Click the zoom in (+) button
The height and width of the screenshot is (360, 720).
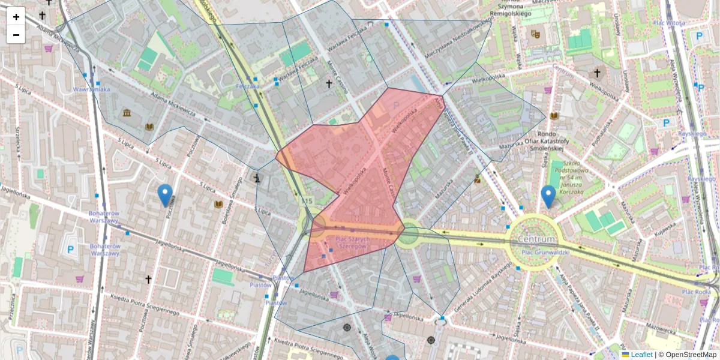coord(16,17)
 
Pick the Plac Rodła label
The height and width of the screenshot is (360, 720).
coord(696,292)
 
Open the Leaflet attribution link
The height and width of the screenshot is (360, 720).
coord(641,355)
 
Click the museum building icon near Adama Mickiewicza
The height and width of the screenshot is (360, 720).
coord(127,113)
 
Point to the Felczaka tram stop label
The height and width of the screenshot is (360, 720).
coord(248,86)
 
